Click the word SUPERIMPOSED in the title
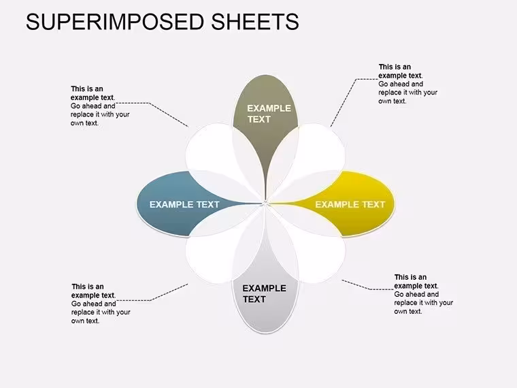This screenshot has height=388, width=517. [x=116, y=22]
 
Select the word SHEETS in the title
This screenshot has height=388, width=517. [x=255, y=22]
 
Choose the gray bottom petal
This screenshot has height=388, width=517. [x=265, y=307]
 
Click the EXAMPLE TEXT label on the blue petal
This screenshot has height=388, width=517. [x=184, y=205]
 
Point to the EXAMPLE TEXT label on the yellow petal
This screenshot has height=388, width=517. [x=350, y=205]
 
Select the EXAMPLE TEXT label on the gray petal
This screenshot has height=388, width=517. [x=265, y=293]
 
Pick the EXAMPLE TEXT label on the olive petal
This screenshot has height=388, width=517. [x=269, y=114]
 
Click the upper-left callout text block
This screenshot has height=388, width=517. [x=100, y=106]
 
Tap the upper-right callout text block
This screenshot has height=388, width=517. [x=408, y=84]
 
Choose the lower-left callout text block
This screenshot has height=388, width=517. [x=101, y=304]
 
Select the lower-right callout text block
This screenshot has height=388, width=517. [x=424, y=294]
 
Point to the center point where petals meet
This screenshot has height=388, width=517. [x=265, y=203]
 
